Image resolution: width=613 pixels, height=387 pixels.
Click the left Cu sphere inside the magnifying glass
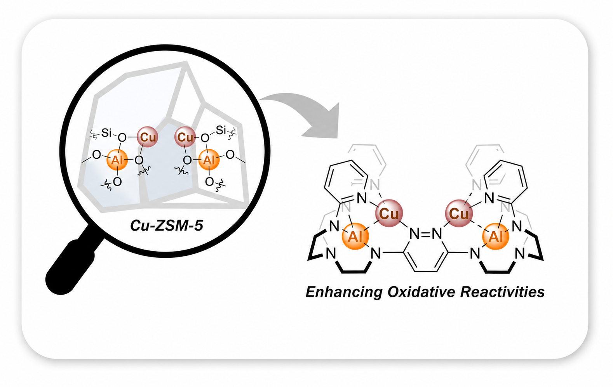(x=148, y=137)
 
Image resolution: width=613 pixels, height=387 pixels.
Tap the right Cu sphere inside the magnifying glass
(x=185, y=137)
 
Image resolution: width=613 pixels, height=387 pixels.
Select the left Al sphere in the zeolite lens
(x=117, y=160)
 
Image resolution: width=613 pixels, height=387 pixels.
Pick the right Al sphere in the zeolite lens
(x=209, y=160)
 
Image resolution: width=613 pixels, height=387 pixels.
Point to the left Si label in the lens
(x=106, y=133)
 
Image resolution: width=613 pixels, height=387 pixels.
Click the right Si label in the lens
(x=221, y=130)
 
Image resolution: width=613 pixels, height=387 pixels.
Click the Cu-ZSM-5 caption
(x=167, y=226)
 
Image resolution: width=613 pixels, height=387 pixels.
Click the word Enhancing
(x=344, y=292)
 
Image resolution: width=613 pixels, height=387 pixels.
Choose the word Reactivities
(x=502, y=292)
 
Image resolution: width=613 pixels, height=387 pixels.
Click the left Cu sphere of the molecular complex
(x=389, y=213)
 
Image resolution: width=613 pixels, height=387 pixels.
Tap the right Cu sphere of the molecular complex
(x=459, y=213)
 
